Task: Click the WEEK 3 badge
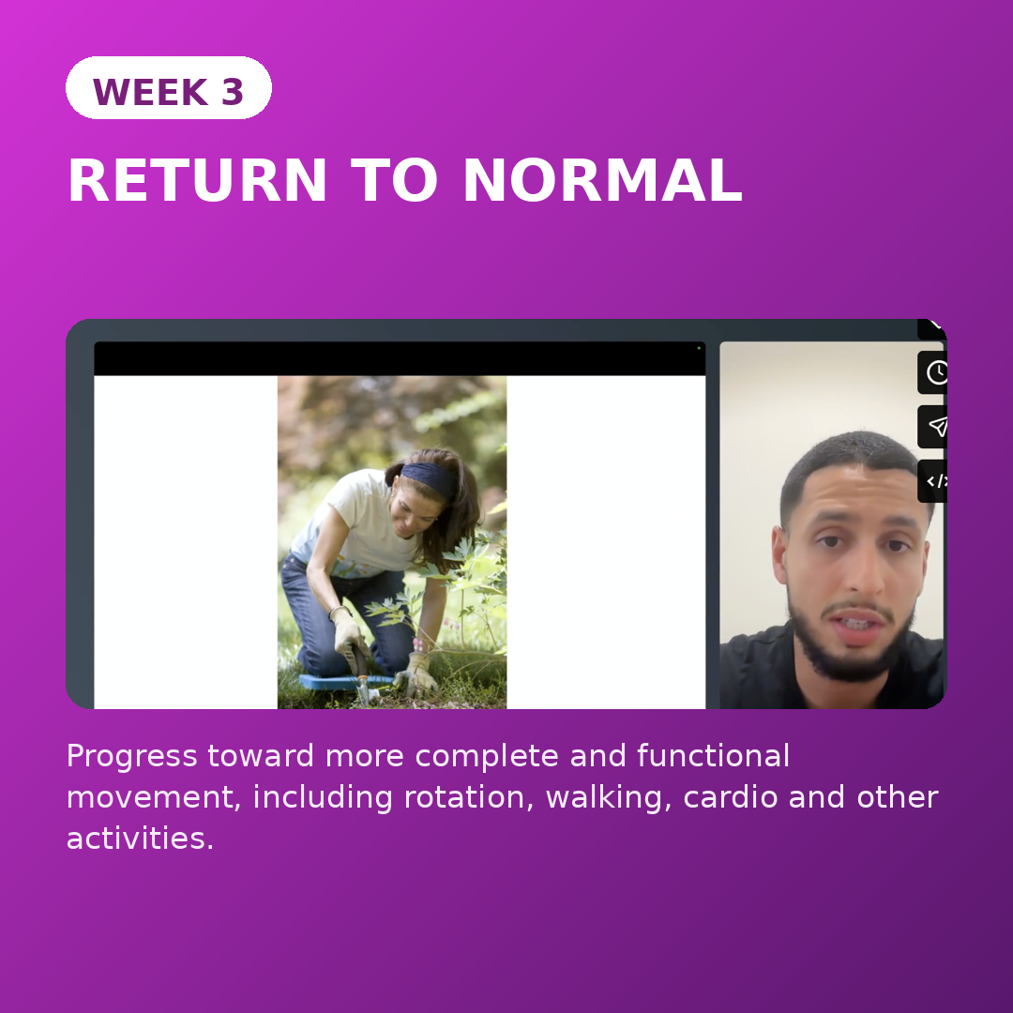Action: (169, 88)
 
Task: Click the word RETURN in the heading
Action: (198, 181)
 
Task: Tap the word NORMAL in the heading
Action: (603, 181)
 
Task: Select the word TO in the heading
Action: (395, 181)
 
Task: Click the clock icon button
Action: (933, 372)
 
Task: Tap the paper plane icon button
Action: (933, 427)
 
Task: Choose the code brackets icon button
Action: (933, 481)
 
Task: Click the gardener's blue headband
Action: (430, 478)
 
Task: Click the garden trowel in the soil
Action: (362, 682)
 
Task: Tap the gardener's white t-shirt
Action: (355, 523)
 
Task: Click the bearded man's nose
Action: (861, 568)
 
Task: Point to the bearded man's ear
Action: (779, 555)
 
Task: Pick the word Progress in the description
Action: (132, 757)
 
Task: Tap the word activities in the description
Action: (140, 838)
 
